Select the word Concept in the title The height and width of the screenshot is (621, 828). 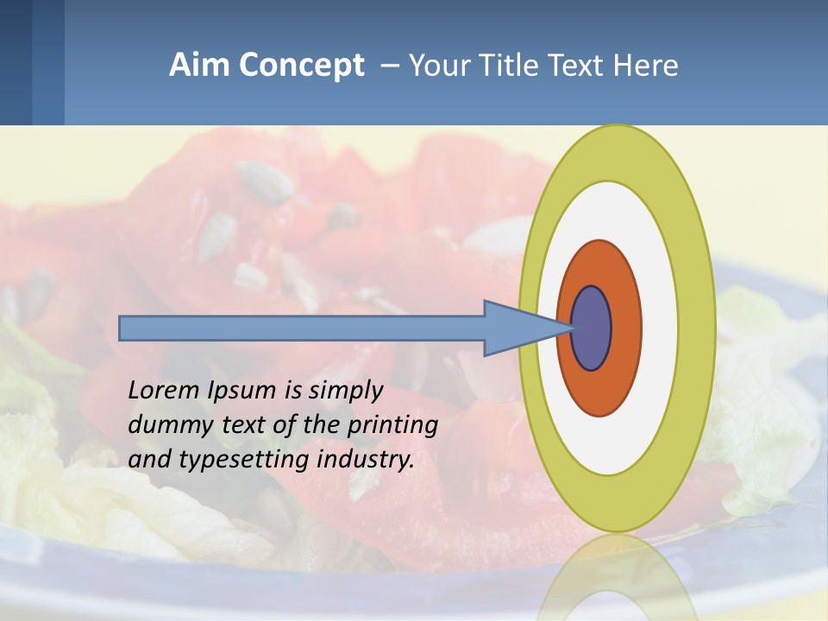(301, 66)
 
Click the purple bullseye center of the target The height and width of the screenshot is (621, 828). (592, 329)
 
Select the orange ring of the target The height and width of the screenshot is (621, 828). (626, 329)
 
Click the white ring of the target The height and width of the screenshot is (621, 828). (660, 329)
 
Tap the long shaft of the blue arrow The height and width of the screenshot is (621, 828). (302, 329)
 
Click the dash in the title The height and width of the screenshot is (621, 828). (389, 66)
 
